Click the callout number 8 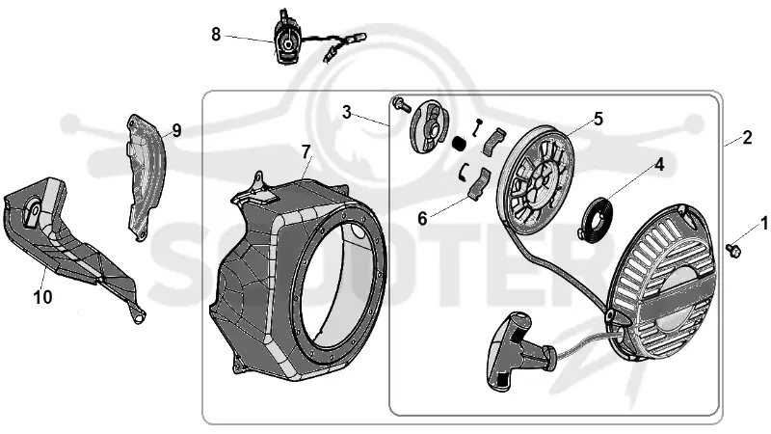pyautogui.click(x=216, y=35)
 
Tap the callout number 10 pyautogui.click(x=42, y=297)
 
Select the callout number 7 pyautogui.click(x=306, y=152)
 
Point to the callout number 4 pyautogui.click(x=659, y=165)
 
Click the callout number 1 pyautogui.click(x=763, y=224)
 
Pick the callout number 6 pyautogui.click(x=422, y=219)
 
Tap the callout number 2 pyautogui.click(x=747, y=138)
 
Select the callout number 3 pyautogui.click(x=347, y=113)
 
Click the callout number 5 pyautogui.click(x=598, y=119)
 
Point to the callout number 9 pyautogui.click(x=176, y=130)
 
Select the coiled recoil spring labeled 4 pyautogui.click(x=594, y=218)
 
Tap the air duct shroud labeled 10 pyautogui.click(x=68, y=247)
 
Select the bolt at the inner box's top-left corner pyautogui.click(x=401, y=104)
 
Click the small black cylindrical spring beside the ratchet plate pyautogui.click(x=460, y=145)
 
